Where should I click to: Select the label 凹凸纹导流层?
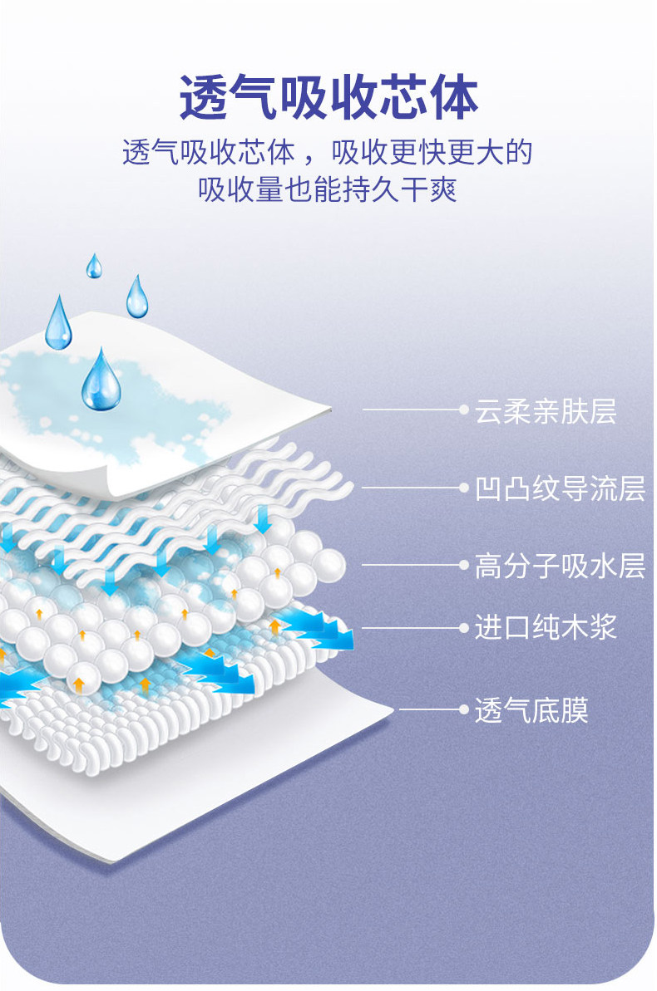[560, 488]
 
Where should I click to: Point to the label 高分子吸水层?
[560, 566]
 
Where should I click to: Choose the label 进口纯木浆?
[546, 627]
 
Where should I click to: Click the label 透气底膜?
[531, 710]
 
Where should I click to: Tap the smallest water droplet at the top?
[94, 266]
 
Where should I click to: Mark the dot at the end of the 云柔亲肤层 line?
[464, 410]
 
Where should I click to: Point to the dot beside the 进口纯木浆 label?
[464, 627]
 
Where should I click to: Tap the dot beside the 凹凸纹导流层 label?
[464, 488]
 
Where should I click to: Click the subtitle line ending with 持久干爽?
[328, 190]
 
